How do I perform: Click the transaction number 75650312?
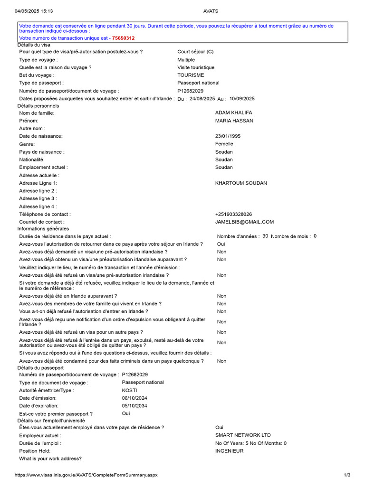point(123,38)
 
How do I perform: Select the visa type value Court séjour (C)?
point(195,52)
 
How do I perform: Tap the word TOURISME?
point(191,75)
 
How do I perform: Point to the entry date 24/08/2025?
point(202,99)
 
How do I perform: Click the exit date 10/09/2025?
point(242,99)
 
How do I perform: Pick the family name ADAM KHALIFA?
point(234,113)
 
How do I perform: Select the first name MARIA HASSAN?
point(234,121)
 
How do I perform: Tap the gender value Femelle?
point(224,144)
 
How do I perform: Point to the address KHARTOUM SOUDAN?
point(241,183)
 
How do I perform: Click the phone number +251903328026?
point(234,215)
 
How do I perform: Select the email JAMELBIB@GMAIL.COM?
point(244,222)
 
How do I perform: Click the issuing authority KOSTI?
point(129,390)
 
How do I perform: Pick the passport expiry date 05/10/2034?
point(135,406)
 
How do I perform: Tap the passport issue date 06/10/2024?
point(135,398)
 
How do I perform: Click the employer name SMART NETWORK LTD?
point(243,435)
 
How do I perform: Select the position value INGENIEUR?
point(229,451)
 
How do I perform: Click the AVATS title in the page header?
point(211,11)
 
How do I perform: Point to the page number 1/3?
point(346,475)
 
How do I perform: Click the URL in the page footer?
point(86,475)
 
